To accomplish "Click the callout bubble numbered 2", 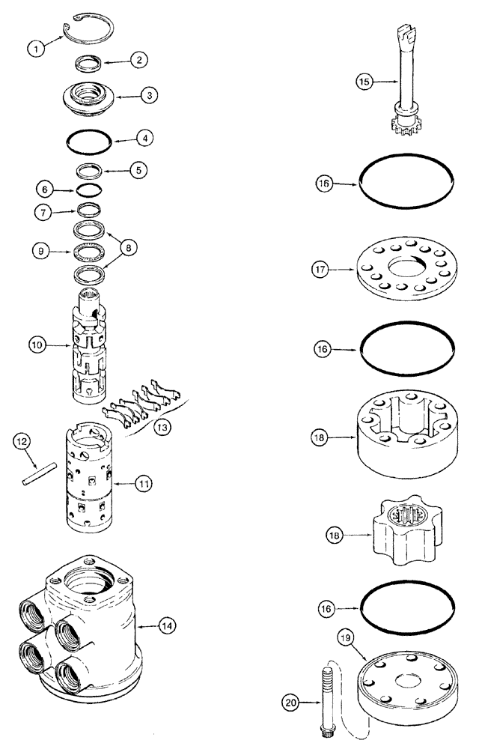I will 139,61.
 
